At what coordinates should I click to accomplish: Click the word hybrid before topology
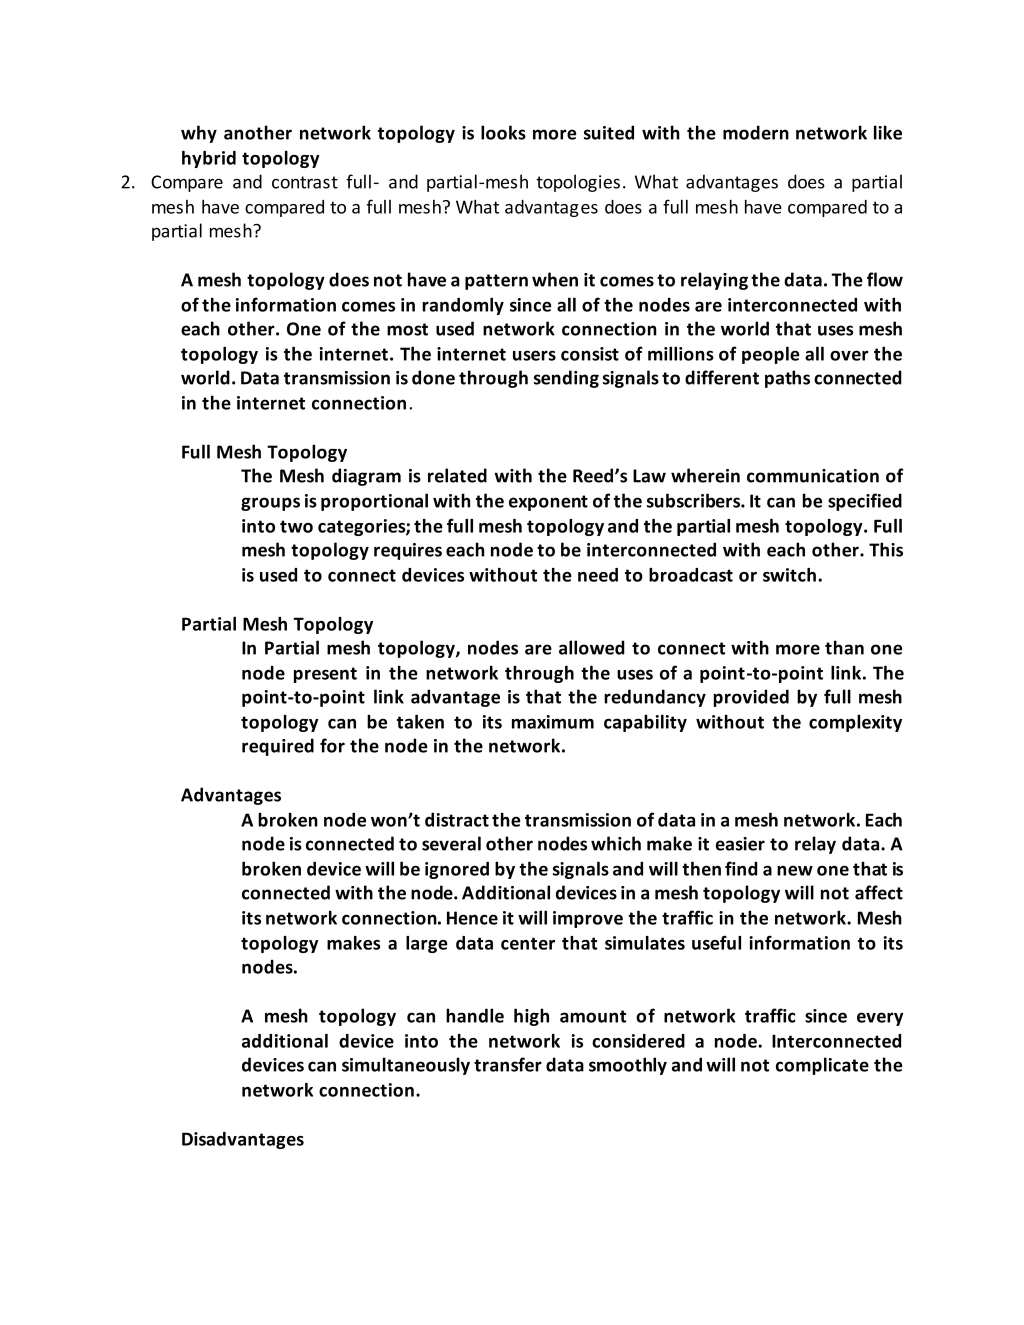(208, 158)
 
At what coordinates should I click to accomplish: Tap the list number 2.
(127, 182)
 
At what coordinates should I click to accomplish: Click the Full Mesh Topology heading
(264, 452)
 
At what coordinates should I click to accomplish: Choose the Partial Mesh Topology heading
(276, 624)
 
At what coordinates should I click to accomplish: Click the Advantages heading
(230, 795)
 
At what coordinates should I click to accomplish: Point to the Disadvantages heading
(242, 1139)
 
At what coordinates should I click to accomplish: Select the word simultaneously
(406, 1066)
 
